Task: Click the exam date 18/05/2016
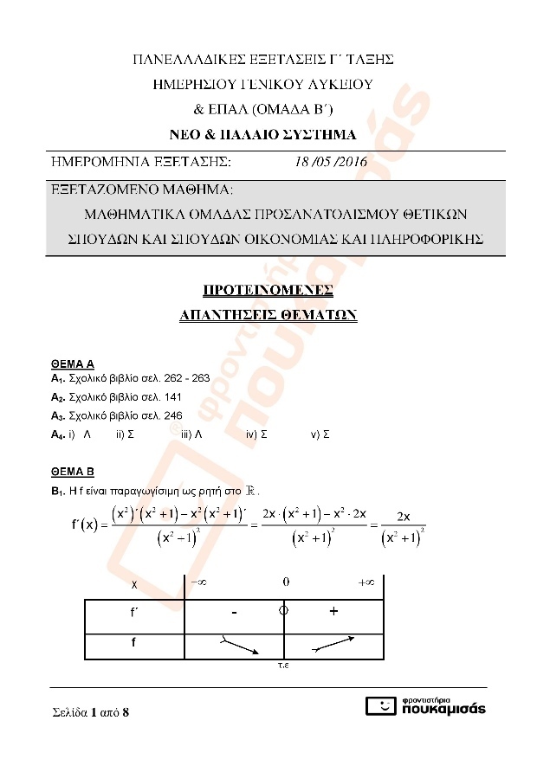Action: (x=331, y=162)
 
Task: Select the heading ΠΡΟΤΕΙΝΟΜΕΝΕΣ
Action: (x=268, y=290)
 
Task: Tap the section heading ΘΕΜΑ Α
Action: (x=73, y=364)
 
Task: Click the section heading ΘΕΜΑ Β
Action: (x=73, y=473)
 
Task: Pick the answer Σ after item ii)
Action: (x=130, y=434)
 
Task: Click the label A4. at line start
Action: (x=58, y=434)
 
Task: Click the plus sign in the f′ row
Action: (x=333, y=612)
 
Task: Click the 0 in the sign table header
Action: (x=286, y=582)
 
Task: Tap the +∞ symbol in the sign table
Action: (x=366, y=582)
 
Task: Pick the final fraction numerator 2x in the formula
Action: (x=403, y=516)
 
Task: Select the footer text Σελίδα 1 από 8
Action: (x=90, y=713)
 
